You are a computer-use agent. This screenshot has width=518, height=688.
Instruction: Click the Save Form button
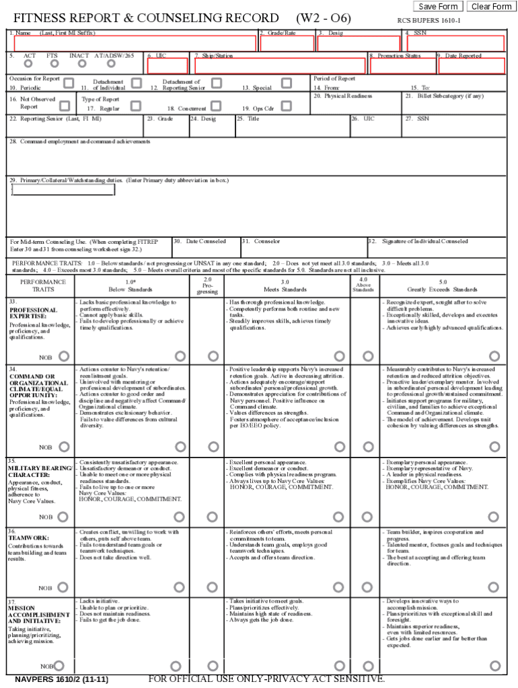point(438,7)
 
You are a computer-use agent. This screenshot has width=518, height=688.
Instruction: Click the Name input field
point(135,44)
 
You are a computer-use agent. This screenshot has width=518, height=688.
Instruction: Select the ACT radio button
point(28,64)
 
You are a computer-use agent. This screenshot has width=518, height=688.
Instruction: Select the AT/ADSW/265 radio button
point(111,64)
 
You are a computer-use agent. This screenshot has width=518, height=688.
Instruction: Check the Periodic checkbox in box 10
point(69,83)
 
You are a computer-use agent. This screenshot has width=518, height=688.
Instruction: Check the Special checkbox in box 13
point(287,83)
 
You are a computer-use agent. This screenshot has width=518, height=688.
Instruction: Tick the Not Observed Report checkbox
point(65,105)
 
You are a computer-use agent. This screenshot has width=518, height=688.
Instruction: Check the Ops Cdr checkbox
point(287,105)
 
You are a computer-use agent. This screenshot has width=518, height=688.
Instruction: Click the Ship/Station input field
point(279,66)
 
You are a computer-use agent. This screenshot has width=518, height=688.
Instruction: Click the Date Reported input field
point(470,66)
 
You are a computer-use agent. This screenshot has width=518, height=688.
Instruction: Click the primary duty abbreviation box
point(63,190)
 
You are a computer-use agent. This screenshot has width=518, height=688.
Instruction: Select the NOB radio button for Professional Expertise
point(64,356)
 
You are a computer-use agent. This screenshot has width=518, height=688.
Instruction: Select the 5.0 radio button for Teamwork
point(495,588)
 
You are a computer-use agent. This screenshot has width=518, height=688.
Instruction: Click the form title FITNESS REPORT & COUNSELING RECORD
point(146,18)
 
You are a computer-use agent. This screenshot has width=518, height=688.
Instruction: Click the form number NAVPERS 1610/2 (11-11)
point(61,679)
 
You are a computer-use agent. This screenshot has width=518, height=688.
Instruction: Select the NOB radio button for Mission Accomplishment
point(59,666)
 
